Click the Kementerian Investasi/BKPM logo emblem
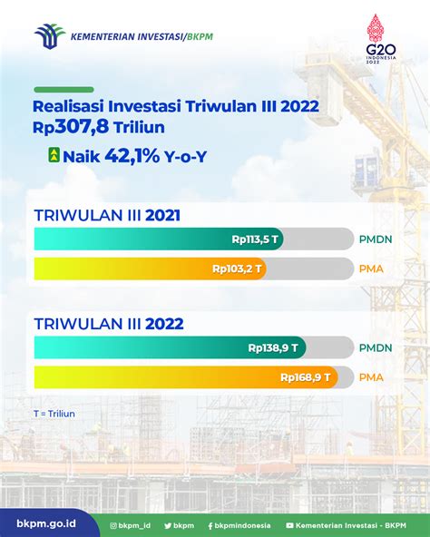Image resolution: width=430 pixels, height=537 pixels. coord(50,36)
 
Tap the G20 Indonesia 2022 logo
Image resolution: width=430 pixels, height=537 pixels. coord(380,39)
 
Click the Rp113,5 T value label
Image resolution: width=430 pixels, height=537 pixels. coord(255,239)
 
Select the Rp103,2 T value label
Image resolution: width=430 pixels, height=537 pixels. coord(237,268)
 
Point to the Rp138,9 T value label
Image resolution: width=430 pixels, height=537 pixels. coord(273,348)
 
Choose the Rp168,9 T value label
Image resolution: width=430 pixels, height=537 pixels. coord(306,377)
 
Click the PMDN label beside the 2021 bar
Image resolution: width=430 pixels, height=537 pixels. coord(376,239)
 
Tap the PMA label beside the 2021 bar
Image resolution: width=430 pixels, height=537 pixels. coord(371,268)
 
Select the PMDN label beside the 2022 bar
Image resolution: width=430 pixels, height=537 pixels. coord(376,348)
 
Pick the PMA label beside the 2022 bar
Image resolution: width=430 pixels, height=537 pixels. coord(371,377)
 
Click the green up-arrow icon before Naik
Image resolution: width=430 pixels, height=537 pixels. coord(54,155)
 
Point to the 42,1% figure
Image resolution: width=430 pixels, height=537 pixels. coord(132,156)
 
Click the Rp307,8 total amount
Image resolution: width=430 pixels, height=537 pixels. coord(71,127)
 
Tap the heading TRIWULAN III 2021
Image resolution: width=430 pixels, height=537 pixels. coord(107,215)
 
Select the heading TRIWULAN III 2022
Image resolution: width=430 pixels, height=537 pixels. coord(109,324)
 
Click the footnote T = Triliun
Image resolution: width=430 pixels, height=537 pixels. coord(54,414)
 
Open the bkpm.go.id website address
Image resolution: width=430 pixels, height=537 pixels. coord(46,523)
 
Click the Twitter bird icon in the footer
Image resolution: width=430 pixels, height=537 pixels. coord(168,526)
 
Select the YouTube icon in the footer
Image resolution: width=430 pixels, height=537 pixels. coord(289,525)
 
